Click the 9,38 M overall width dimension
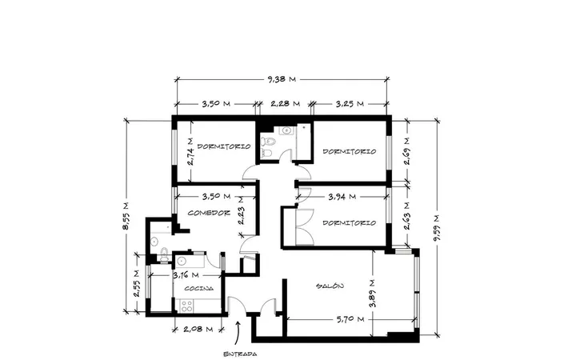point(282,79)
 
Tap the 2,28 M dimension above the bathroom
point(285,103)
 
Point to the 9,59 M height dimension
point(437,228)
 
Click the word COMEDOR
point(209,213)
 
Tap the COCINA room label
point(198,288)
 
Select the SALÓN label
point(330,286)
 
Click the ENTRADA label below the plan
point(240,354)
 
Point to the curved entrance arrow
point(238,334)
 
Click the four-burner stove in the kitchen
point(186,306)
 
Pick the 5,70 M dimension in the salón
point(350,319)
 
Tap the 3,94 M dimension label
point(342,197)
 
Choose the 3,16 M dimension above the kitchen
point(186,274)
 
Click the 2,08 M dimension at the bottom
point(198,329)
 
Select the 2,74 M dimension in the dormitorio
point(190,152)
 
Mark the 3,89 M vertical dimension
point(373,293)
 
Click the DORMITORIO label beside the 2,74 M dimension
point(224,146)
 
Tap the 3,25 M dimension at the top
point(350,103)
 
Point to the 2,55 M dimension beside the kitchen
point(137,283)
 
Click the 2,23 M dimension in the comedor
point(242,210)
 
